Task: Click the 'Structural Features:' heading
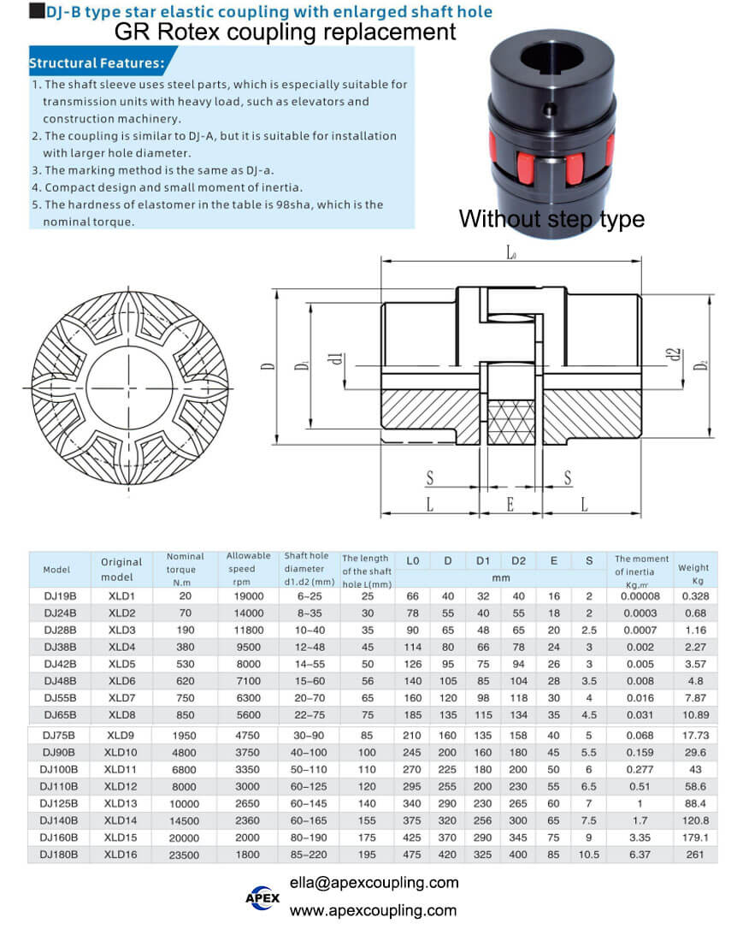click(97, 63)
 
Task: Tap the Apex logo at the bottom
click(262, 897)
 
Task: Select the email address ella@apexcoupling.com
click(374, 883)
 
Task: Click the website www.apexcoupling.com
click(373, 910)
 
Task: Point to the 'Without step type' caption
click(551, 219)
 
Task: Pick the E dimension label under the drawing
click(510, 504)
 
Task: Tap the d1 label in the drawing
click(337, 359)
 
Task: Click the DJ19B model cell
click(60, 596)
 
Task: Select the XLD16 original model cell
click(121, 855)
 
